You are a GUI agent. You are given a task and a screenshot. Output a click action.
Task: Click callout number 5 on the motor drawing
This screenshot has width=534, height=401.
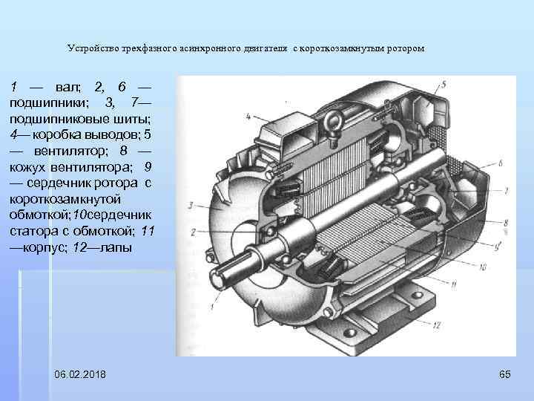(x=443, y=84)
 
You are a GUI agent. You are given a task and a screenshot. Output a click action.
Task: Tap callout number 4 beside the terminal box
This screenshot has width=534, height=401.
(x=247, y=115)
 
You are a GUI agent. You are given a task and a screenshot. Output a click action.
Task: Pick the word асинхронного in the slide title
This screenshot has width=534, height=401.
(x=211, y=48)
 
